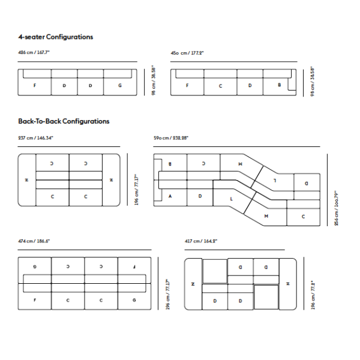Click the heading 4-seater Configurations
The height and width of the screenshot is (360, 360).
point(55,37)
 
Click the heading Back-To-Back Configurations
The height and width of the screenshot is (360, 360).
point(64,121)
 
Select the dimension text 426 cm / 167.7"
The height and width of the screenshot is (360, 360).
point(34,53)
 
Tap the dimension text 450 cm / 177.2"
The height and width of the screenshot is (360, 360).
point(187,53)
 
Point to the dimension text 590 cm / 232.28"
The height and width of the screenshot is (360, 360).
point(171,138)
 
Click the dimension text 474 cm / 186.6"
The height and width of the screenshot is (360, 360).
point(34,241)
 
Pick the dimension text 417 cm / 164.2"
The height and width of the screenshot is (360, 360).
point(201,241)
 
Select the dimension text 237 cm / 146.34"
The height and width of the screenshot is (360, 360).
point(36,138)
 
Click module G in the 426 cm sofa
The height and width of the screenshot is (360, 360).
point(120,85)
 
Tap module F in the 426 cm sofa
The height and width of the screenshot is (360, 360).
point(35,85)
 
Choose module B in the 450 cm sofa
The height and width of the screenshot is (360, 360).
point(280,85)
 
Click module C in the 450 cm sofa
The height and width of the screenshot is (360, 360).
point(220,85)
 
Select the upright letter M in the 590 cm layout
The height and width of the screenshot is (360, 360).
point(266,215)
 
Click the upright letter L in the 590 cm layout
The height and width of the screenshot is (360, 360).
point(232,198)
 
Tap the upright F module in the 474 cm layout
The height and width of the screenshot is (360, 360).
point(35,299)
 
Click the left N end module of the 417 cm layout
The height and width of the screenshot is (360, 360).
point(193,283)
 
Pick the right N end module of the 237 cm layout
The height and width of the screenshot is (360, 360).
point(111,179)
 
